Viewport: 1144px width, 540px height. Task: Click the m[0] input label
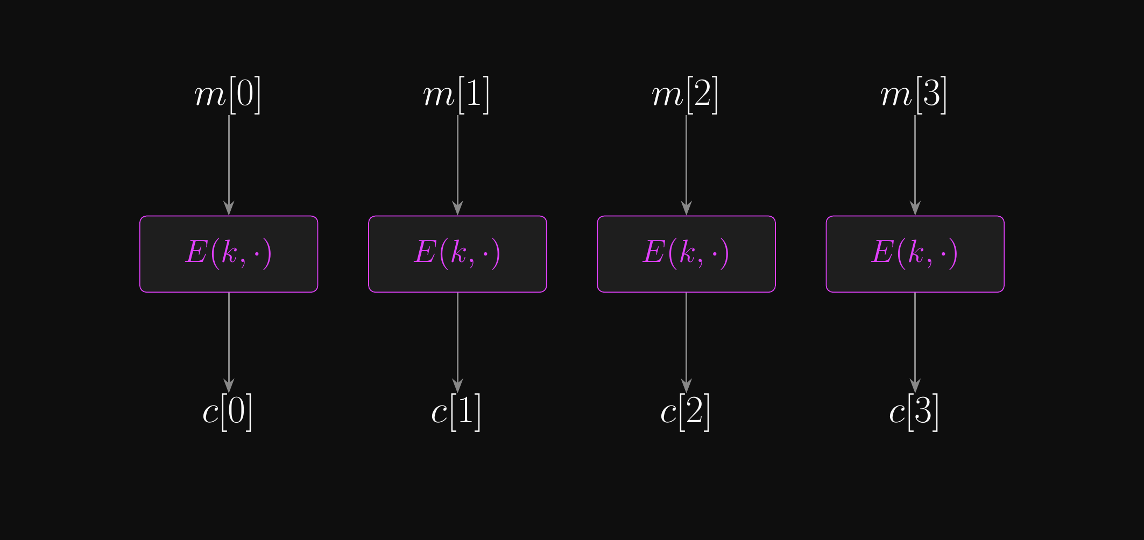pyautogui.click(x=228, y=95)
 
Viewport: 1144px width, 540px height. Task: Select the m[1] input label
pyautogui.click(x=456, y=95)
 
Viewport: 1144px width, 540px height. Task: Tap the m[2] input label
pyautogui.click(x=685, y=95)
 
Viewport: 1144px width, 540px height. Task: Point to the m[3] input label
pyautogui.click(x=914, y=95)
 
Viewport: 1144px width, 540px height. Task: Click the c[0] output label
pyautogui.click(x=228, y=412)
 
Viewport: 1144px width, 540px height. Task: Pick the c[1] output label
pyautogui.click(x=456, y=412)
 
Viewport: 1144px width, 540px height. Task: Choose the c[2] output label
pyautogui.click(x=685, y=412)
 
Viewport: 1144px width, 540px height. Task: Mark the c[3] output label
pyautogui.click(x=914, y=412)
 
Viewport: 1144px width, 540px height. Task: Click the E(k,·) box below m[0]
pyautogui.click(x=229, y=254)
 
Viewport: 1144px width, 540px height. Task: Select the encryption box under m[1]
pyautogui.click(x=457, y=254)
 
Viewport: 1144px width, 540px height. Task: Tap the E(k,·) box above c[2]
pyautogui.click(x=686, y=254)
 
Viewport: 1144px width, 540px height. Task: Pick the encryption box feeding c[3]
pyautogui.click(x=915, y=254)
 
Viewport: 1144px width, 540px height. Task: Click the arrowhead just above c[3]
pyautogui.click(x=915, y=386)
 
